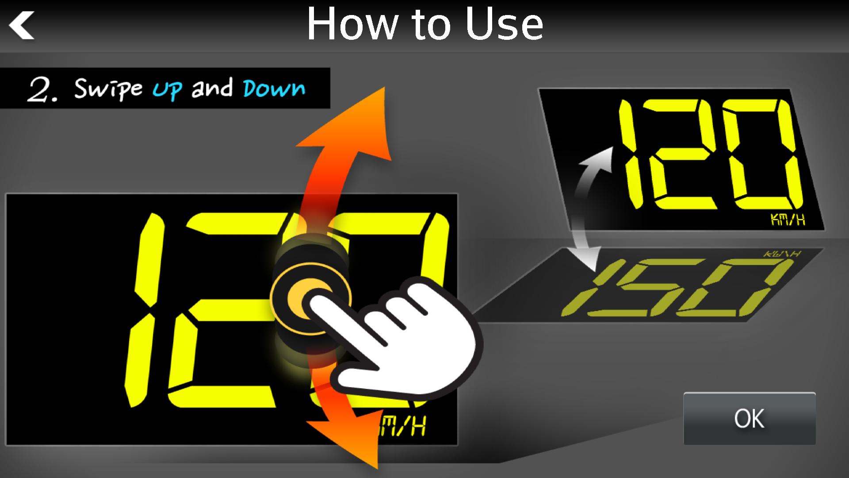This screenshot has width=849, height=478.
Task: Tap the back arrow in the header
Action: click(22, 26)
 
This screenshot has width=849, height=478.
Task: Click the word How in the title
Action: click(352, 25)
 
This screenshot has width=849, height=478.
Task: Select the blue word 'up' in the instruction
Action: click(167, 89)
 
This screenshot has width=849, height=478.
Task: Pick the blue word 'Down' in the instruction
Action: click(274, 89)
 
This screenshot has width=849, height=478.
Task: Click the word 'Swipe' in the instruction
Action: click(108, 89)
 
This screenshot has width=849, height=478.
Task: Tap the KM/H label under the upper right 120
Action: click(788, 220)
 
